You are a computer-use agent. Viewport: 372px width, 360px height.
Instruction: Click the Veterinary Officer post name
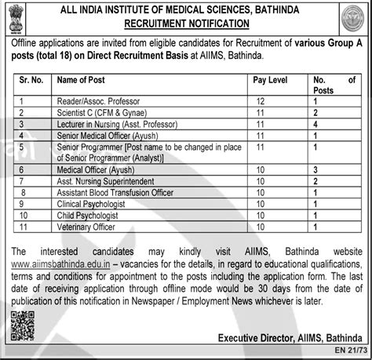tap(86, 227)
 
